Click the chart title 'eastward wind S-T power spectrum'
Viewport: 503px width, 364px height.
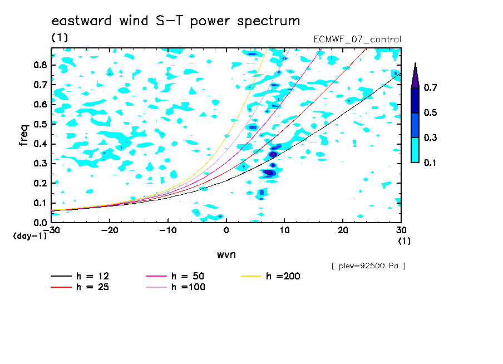pos(176,21)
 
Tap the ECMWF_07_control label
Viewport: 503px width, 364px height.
pos(357,40)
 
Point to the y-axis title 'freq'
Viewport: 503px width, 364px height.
pos(24,135)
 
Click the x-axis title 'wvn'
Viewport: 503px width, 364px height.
pos(226,255)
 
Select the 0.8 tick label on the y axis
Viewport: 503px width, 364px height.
pos(41,65)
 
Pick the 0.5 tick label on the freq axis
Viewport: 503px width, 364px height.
pos(41,124)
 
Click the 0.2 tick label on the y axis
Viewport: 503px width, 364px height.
pos(41,183)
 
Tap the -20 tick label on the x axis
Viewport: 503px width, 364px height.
pos(110,230)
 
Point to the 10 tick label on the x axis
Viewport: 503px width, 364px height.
pos(284,230)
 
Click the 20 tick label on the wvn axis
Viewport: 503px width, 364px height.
pos(343,230)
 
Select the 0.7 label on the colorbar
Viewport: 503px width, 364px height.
pos(430,87)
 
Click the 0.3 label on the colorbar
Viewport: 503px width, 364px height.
pos(430,137)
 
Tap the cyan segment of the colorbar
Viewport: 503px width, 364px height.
pos(415,150)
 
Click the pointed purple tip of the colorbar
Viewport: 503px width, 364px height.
pos(415,63)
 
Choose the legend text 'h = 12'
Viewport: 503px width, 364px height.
pos(93,276)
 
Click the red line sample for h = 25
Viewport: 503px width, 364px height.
pos(61,287)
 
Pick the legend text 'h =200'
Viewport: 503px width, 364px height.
pos(283,276)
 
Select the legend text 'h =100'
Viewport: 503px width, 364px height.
pos(188,287)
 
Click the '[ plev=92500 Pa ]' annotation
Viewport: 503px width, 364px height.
pos(368,266)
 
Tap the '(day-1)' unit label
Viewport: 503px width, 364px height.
pos(29,236)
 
